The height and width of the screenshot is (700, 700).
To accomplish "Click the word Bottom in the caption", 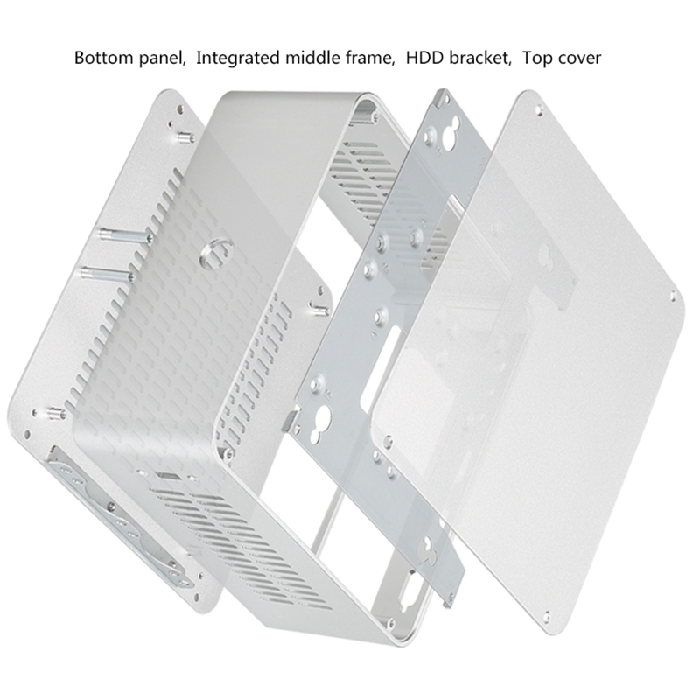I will [103, 59].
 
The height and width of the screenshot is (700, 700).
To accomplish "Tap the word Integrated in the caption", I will [238, 60].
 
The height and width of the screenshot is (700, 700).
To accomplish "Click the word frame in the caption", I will [372, 59].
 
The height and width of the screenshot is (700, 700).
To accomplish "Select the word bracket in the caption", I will [479, 59].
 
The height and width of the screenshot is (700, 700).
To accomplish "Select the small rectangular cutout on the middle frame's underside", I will [167, 479].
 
